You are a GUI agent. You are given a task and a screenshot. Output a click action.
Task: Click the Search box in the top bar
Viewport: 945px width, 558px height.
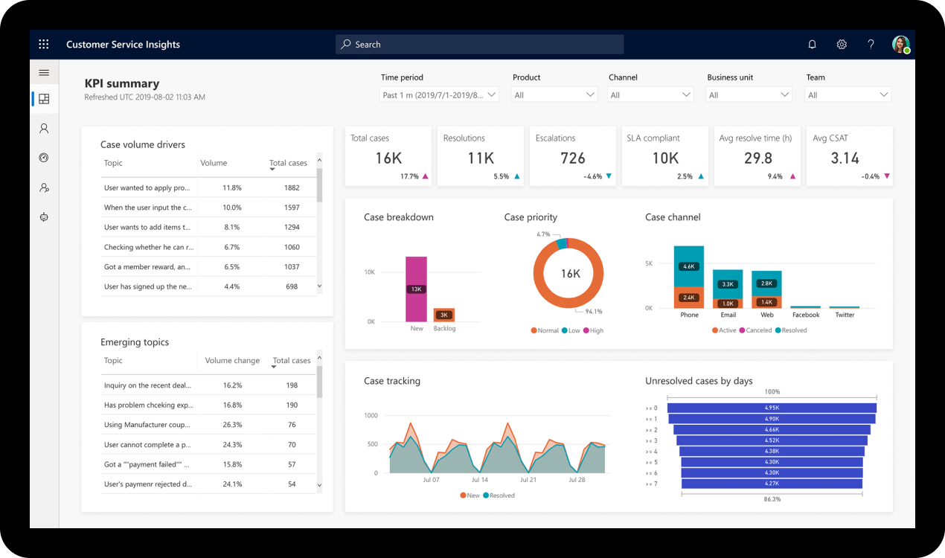479,45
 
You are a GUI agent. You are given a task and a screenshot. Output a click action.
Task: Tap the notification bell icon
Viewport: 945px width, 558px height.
812,45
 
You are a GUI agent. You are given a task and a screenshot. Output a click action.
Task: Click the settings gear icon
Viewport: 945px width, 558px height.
842,45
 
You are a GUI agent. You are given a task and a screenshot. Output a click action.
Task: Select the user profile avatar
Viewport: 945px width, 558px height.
900,45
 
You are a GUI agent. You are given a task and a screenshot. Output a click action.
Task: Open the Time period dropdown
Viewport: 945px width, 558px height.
438,95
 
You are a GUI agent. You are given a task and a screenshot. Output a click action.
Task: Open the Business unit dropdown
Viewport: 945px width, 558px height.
749,95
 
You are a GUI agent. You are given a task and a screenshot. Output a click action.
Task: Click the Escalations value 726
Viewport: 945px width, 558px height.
572,158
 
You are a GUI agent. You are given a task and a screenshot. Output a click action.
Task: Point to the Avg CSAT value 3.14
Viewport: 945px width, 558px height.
845,158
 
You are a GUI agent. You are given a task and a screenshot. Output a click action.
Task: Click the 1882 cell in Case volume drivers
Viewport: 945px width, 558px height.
292,188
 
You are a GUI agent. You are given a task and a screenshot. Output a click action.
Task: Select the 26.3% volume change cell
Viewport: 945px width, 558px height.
232,425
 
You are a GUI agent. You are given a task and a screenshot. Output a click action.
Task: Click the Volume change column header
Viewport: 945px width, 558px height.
232,361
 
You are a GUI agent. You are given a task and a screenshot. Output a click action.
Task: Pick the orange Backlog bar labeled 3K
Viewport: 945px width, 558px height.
443,315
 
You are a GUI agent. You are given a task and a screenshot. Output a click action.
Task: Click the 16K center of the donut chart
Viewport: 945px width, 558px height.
570,274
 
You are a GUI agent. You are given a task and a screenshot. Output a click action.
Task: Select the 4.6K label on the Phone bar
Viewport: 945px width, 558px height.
689,266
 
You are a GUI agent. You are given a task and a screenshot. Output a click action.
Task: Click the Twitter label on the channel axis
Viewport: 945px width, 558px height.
845,315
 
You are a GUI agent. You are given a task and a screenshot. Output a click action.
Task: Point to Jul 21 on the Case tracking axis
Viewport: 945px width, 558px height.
528,480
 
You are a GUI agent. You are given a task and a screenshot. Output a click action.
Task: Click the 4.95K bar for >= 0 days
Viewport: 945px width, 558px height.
772,408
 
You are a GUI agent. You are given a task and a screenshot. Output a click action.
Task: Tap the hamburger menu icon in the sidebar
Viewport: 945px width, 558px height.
44,73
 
